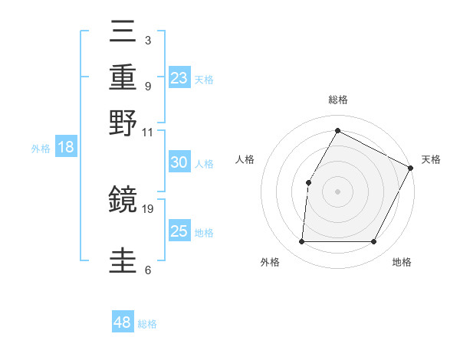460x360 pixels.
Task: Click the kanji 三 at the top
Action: point(123,33)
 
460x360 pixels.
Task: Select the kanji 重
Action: point(123,77)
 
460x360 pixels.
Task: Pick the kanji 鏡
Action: point(123,200)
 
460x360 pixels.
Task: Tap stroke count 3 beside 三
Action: point(147,41)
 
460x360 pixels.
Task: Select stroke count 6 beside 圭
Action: point(147,270)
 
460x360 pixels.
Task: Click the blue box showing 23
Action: point(179,77)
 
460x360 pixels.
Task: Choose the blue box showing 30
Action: point(179,162)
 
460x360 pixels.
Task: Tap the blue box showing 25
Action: point(179,231)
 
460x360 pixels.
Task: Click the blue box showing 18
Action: point(66,147)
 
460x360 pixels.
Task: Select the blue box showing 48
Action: point(123,322)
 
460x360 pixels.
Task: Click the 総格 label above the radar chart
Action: point(338,100)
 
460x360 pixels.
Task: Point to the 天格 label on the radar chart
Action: point(431,159)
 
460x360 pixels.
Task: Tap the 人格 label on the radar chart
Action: point(245,159)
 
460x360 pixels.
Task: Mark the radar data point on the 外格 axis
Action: point(301,242)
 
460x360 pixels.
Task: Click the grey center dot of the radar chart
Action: point(337,191)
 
